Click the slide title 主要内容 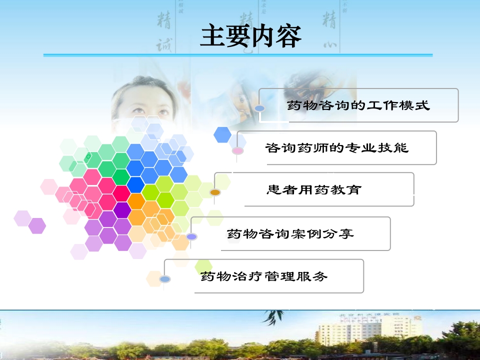[250, 36]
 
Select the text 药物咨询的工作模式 [358, 105]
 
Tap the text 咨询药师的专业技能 [336, 148]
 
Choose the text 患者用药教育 [313, 190]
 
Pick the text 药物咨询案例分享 [290, 233]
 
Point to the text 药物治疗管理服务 [263, 276]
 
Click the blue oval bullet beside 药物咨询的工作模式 [259, 108]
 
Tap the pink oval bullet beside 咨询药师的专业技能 [237, 150]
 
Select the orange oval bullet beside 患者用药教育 [215, 192]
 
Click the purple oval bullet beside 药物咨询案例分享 [192, 236]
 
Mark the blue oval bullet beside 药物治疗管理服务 [165, 278]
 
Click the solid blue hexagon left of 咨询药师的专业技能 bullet [222, 134]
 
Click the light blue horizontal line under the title [237, 55]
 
